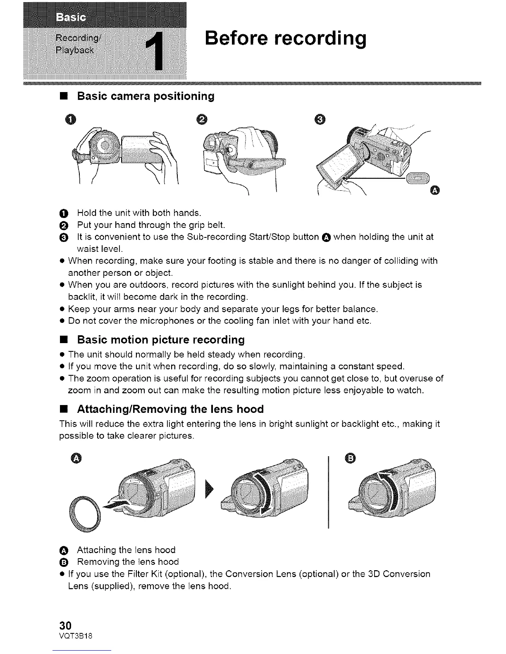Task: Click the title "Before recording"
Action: [x=286, y=38]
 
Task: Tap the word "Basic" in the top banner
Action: [x=69, y=17]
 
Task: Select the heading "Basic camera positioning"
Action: [x=146, y=97]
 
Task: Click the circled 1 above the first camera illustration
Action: [x=72, y=120]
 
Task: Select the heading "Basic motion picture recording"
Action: [x=161, y=340]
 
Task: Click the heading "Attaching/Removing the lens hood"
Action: [x=170, y=409]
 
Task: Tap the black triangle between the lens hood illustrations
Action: [x=208, y=490]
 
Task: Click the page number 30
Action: [x=66, y=624]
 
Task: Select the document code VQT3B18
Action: [x=76, y=636]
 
